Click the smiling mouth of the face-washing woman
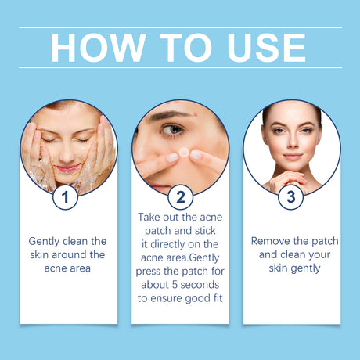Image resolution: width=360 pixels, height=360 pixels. click(x=69, y=167)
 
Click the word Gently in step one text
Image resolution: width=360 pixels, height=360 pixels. click(x=46, y=240)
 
